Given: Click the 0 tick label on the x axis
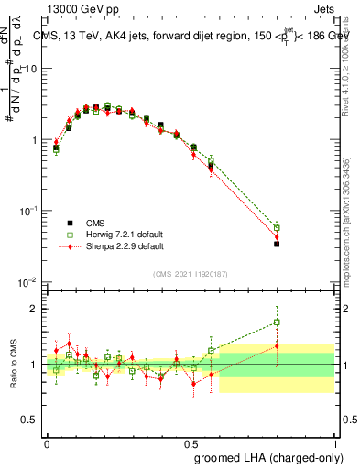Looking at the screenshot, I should click(x=47, y=442).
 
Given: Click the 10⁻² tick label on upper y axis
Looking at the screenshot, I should click(x=27, y=281).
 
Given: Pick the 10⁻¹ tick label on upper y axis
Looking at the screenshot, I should click(x=27, y=211).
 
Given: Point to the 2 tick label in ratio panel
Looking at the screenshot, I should click(x=35, y=309).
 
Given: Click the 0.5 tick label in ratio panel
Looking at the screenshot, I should click(x=30, y=420).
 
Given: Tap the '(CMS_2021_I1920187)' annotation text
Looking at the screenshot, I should click(x=190, y=273).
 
